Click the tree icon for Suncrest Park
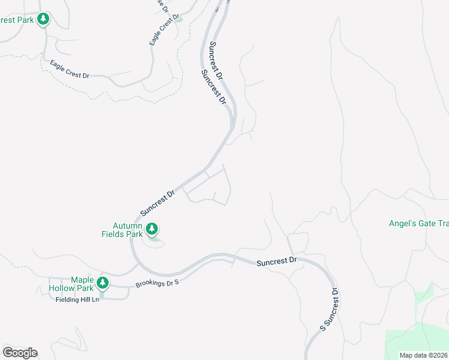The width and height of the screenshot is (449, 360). click(x=43, y=19)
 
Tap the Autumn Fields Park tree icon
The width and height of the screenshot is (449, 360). click(x=152, y=229)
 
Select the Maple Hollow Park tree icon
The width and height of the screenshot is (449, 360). click(x=103, y=282)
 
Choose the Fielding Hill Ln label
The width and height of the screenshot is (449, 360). click(x=77, y=299)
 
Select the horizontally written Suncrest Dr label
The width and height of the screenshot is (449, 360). click(x=277, y=262)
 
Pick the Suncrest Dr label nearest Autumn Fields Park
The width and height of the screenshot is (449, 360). click(x=157, y=203)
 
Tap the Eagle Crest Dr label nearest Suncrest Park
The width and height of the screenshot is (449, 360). click(x=70, y=69)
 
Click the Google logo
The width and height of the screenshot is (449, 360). click(x=20, y=352)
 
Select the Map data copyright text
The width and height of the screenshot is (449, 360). click(x=424, y=355)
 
